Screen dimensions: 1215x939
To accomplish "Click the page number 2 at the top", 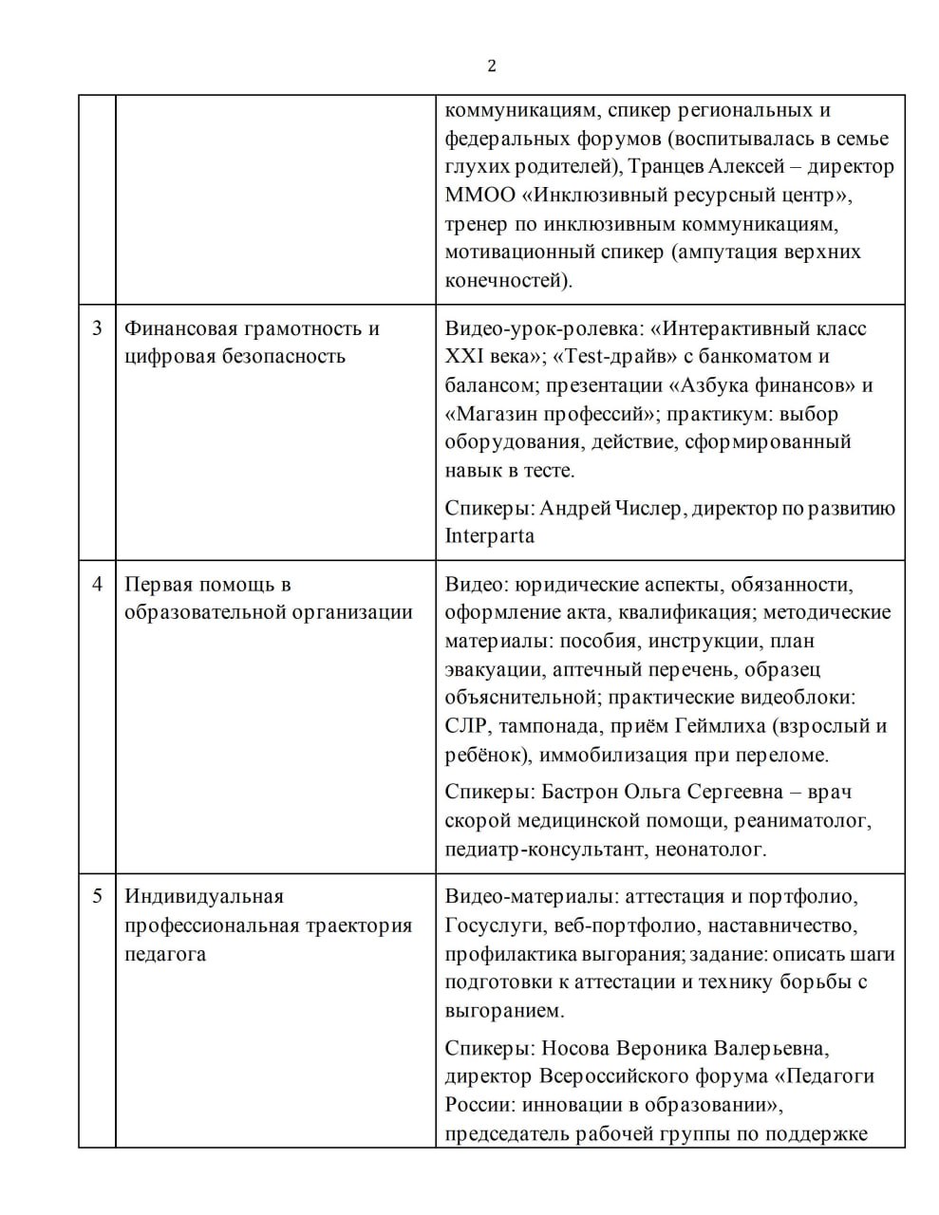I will click(491, 65).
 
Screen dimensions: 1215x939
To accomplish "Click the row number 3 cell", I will click(97, 328).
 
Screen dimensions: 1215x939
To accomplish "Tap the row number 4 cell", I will click(97, 584).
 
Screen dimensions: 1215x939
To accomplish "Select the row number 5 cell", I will click(97, 896).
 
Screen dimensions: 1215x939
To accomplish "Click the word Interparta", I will click(489, 536).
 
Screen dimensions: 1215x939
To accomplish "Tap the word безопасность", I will click(283, 357).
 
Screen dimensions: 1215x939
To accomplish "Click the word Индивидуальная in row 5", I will click(204, 896).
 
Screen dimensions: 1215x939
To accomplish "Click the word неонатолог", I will click(709, 849).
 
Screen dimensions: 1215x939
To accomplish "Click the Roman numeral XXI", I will click(464, 357).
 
